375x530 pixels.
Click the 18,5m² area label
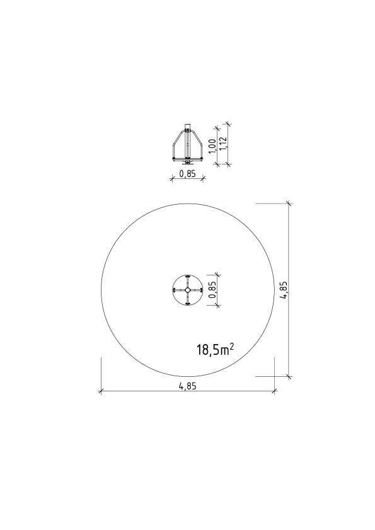tap(215, 350)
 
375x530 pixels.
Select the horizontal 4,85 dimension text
tap(187, 386)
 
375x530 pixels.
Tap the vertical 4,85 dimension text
tap(284, 290)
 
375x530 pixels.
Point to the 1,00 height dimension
tap(212, 146)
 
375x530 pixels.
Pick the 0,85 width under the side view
tap(187, 174)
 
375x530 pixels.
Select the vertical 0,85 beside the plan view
tap(212, 290)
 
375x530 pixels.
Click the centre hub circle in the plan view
tap(187, 290)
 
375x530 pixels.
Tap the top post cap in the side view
tap(187, 126)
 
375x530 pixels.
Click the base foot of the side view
tap(187, 161)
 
